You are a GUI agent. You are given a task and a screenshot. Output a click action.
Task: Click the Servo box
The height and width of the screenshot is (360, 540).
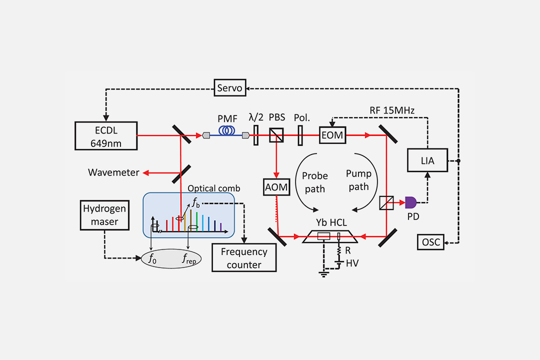[x=230, y=88]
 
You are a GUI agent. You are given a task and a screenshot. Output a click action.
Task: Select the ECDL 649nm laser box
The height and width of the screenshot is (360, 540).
[x=106, y=135]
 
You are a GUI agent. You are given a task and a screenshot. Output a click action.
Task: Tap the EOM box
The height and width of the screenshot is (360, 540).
[x=333, y=135]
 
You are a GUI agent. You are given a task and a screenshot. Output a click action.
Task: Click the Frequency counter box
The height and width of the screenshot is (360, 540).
[x=244, y=258]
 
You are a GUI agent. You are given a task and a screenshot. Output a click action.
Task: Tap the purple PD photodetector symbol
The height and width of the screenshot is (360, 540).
[x=410, y=202]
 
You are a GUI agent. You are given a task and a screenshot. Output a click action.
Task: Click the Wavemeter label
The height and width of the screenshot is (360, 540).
[x=113, y=172]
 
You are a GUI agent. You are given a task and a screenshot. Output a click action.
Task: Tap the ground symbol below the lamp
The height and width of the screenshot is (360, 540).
[x=324, y=272]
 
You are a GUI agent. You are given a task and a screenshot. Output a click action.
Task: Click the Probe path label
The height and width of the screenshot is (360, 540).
[x=315, y=182]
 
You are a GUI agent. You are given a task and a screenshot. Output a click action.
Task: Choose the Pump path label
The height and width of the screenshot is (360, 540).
[x=358, y=180]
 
